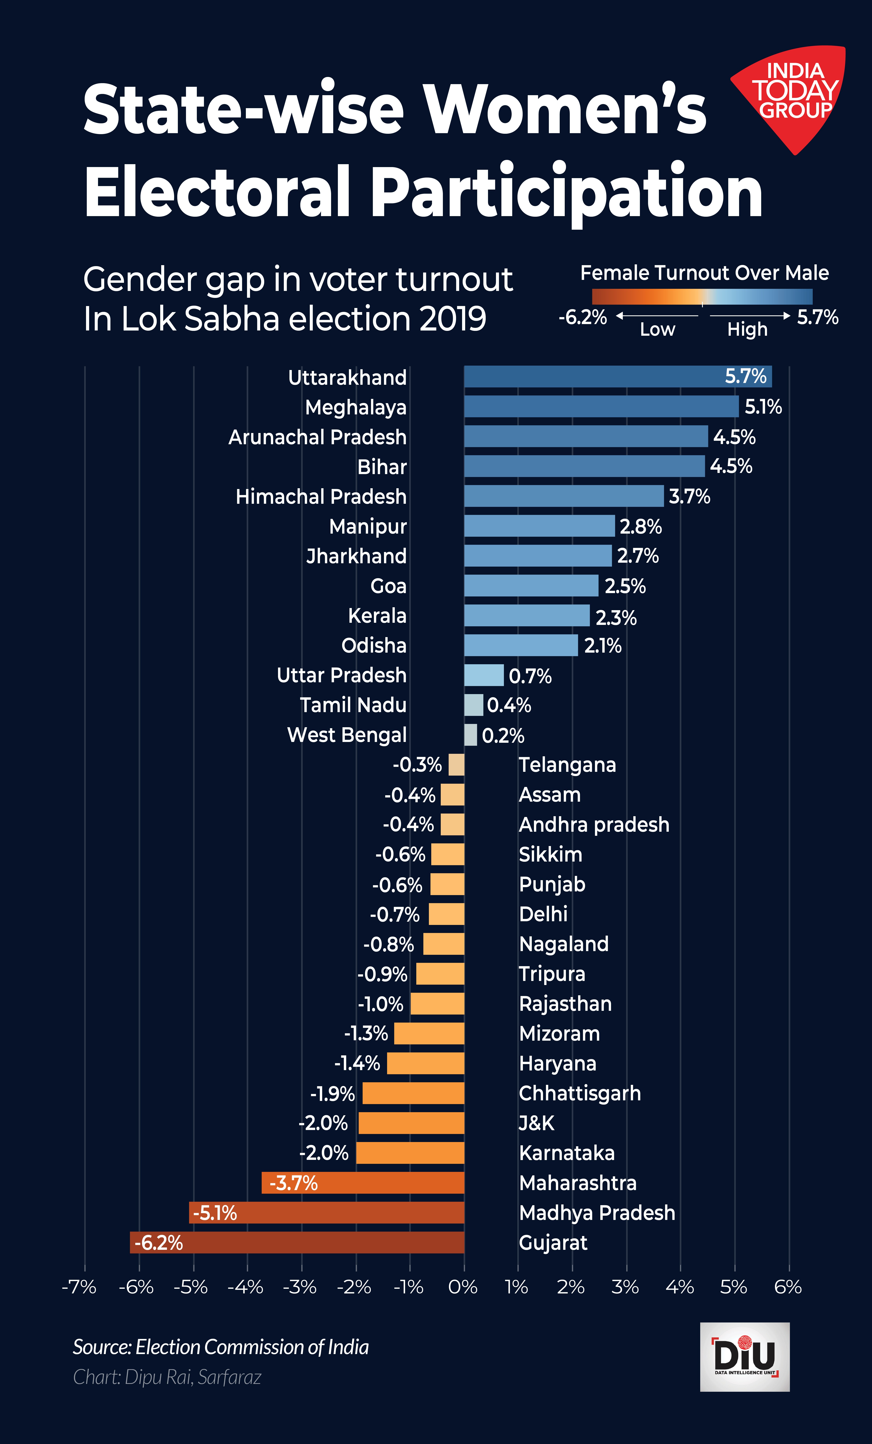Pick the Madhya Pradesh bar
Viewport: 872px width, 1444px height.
tap(327, 1213)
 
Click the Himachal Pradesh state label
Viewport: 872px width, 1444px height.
tap(321, 496)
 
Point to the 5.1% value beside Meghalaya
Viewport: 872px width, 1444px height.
tap(763, 407)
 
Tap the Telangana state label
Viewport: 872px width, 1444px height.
tap(567, 765)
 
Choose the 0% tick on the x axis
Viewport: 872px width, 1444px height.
tap(463, 1287)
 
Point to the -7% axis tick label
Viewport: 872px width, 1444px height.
tap(79, 1287)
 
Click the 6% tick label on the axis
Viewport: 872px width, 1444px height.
tap(788, 1287)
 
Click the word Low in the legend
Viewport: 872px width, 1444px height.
tap(657, 329)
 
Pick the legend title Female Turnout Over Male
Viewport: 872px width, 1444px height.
tap(704, 273)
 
